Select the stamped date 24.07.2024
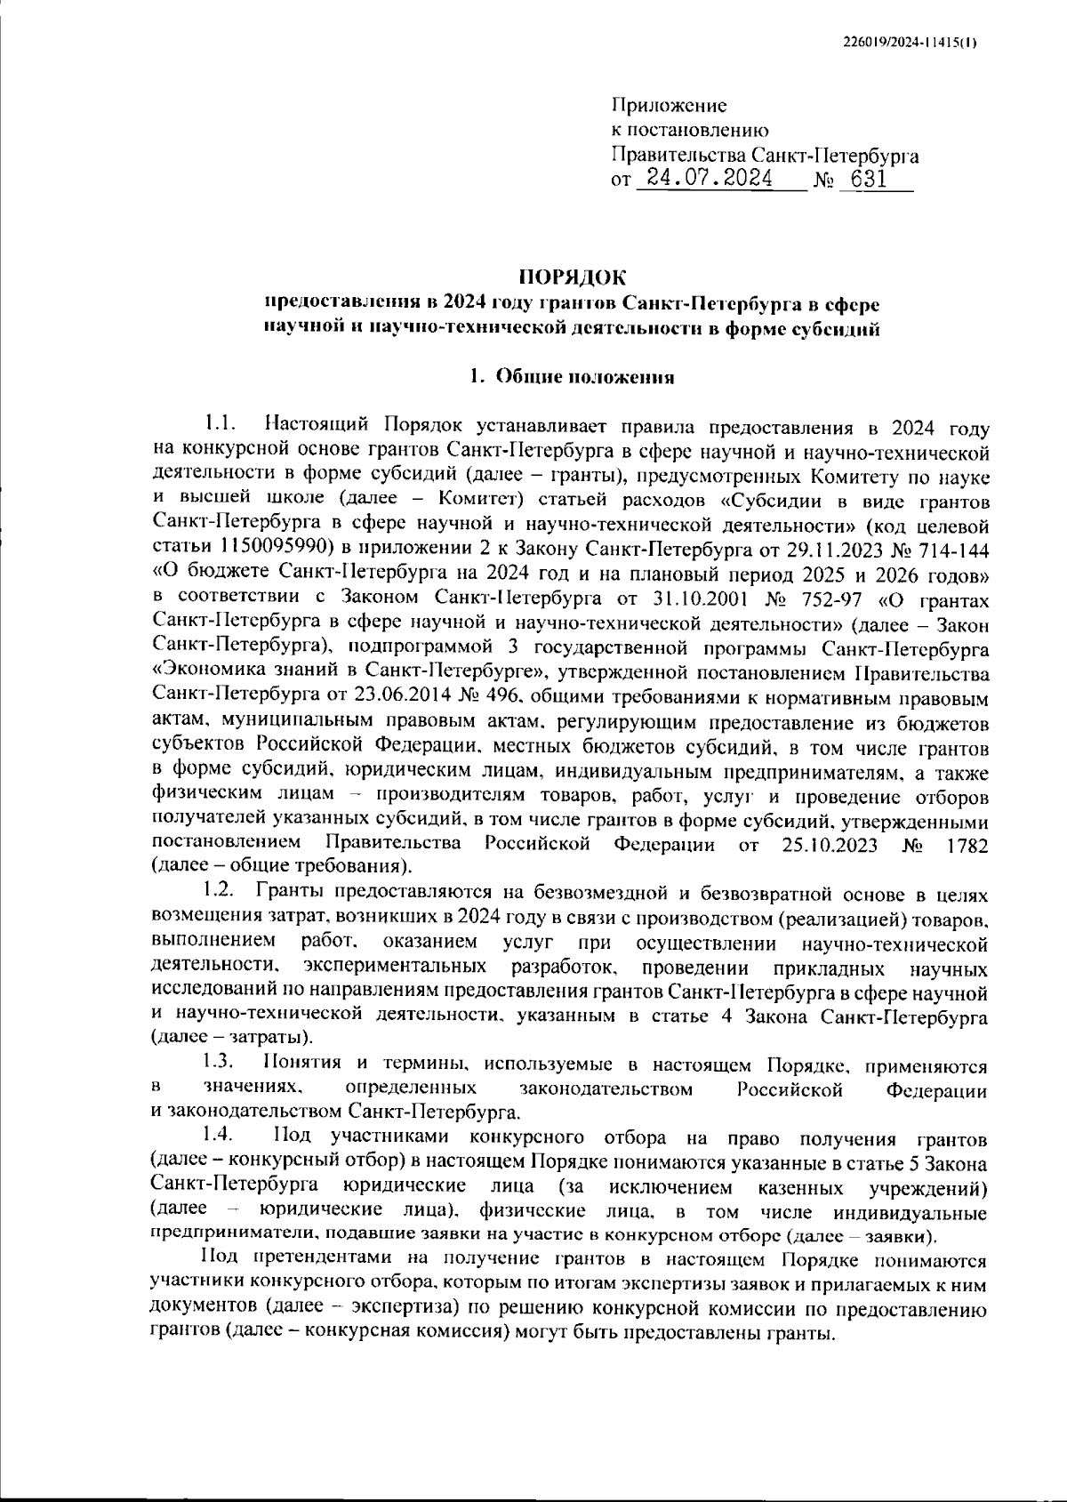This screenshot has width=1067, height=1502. pyautogui.click(x=710, y=179)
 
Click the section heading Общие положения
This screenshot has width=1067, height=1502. pyautogui.click(x=584, y=376)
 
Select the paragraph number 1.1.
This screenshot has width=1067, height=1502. pyautogui.click(x=220, y=421)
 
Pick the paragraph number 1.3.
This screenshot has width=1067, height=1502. pyautogui.click(x=218, y=1061)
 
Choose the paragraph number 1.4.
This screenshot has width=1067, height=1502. pyautogui.click(x=218, y=1136)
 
